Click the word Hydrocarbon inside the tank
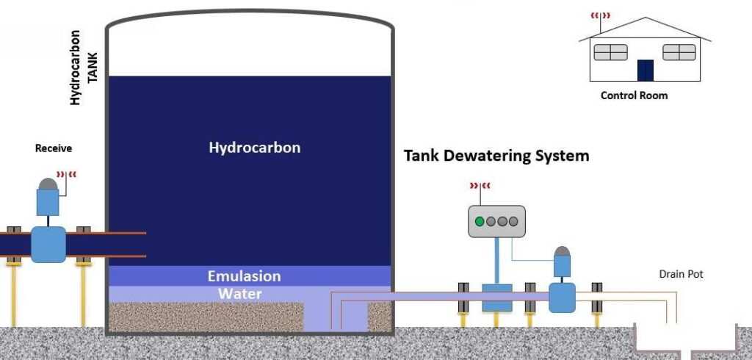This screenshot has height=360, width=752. [x=255, y=148]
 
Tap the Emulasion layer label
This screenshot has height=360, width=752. [x=245, y=276]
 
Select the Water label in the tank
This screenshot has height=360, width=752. [x=240, y=294]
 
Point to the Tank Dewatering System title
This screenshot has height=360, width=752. [x=496, y=156]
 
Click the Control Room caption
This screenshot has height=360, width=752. [x=634, y=96]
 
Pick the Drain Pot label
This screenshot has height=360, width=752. [x=681, y=274]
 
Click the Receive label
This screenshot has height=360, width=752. [x=54, y=148]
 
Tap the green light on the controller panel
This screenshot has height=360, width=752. [x=480, y=221]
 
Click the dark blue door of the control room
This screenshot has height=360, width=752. [x=645, y=71]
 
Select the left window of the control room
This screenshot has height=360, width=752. [x=610, y=52]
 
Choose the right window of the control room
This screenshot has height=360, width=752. [x=679, y=52]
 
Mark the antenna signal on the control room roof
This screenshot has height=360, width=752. [x=601, y=14]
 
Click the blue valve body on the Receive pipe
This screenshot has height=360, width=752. [x=48, y=244]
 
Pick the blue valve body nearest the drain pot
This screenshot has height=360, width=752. [x=562, y=298]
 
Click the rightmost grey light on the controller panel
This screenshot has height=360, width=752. [x=513, y=221]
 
